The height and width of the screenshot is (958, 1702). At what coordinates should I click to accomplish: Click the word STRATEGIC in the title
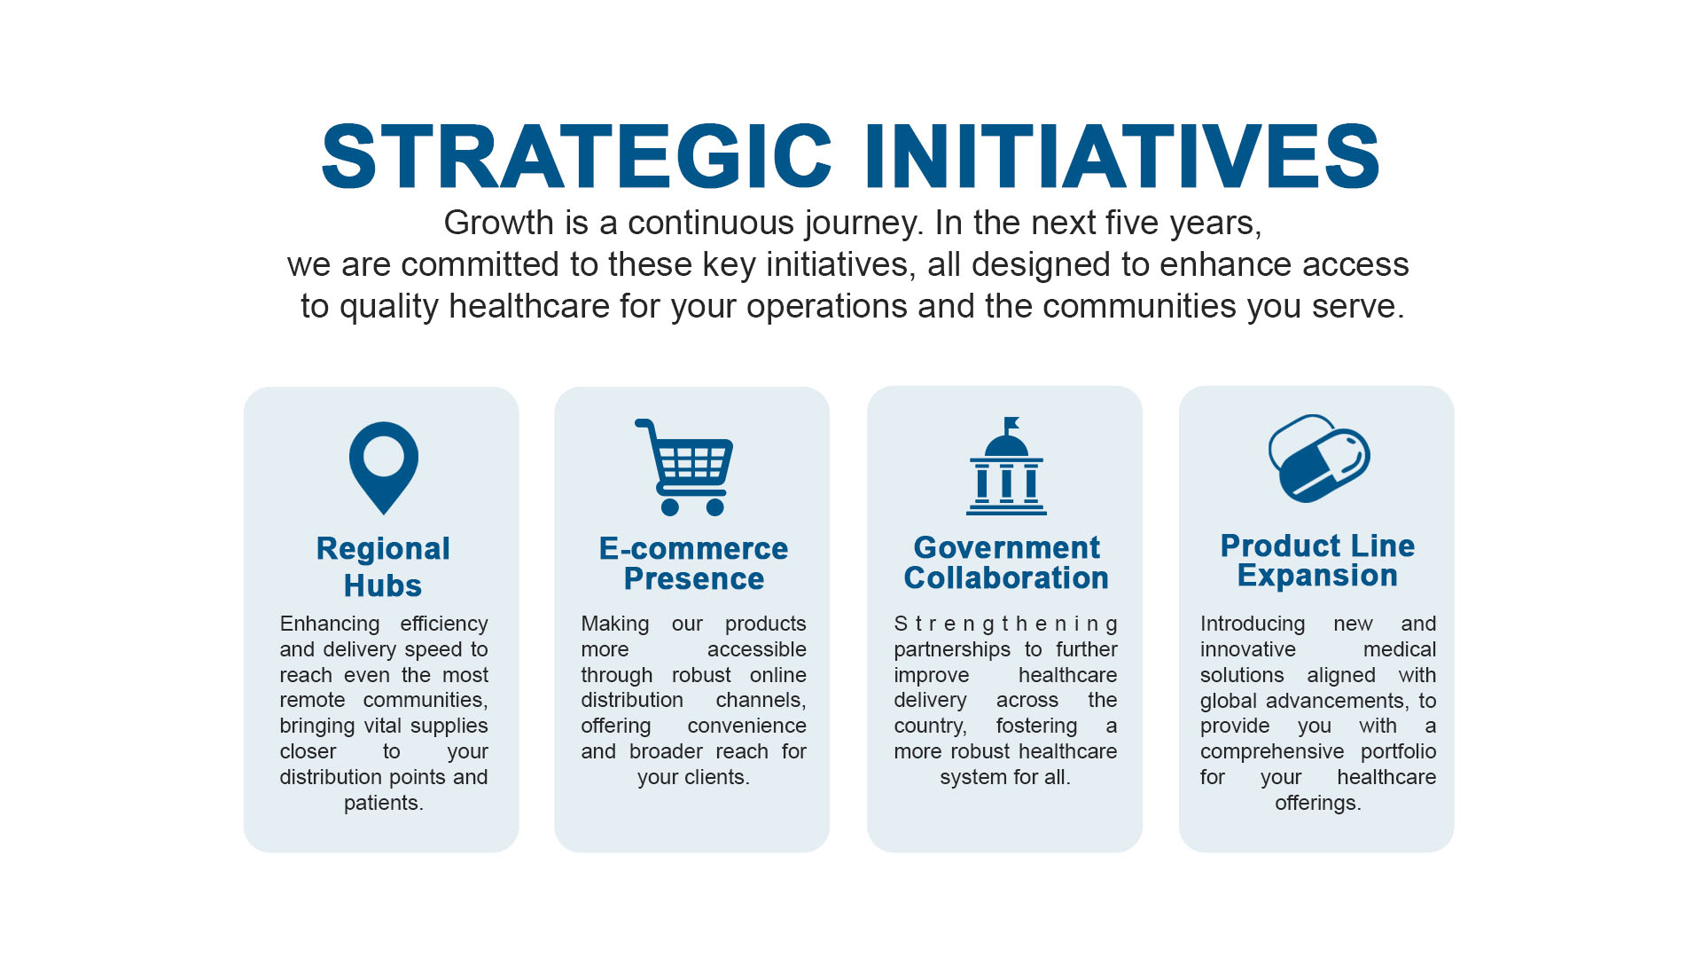[576, 157]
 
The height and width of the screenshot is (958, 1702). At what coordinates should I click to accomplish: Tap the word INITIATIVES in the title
[1122, 157]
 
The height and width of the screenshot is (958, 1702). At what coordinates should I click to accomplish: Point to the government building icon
[1006, 467]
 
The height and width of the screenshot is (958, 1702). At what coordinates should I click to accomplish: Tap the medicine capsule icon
[1319, 459]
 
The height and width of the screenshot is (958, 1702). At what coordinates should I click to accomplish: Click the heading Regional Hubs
[383, 567]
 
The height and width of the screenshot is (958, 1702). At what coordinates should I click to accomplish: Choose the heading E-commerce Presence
[693, 563]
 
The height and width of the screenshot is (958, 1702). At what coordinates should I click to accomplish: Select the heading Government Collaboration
[1006, 562]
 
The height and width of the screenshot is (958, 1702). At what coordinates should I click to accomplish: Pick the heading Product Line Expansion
[1317, 561]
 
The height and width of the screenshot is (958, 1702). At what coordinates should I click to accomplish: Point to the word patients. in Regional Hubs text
[383, 803]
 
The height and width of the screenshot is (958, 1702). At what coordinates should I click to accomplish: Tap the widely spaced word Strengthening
[1005, 624]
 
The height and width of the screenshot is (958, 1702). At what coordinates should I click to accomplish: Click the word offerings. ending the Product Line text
[1317, 803]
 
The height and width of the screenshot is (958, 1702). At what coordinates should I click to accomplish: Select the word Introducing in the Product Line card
[1253, 624]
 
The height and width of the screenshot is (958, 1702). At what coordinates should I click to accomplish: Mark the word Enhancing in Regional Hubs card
[330, 624]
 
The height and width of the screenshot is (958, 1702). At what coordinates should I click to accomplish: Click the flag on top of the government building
[1011, 423]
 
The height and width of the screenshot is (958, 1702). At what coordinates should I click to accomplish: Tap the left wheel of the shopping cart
[670, 507]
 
